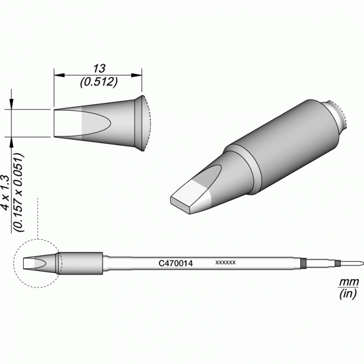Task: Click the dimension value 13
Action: [99, 69]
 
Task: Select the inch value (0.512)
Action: [99, 82]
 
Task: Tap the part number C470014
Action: [176, 263]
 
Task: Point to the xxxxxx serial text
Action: [225, 262]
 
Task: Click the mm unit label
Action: [349, 282]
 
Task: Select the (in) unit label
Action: [348, 294]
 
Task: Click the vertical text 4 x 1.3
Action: [6, 193]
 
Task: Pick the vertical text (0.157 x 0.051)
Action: [19, 193]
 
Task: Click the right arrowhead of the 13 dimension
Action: [136, 75]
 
